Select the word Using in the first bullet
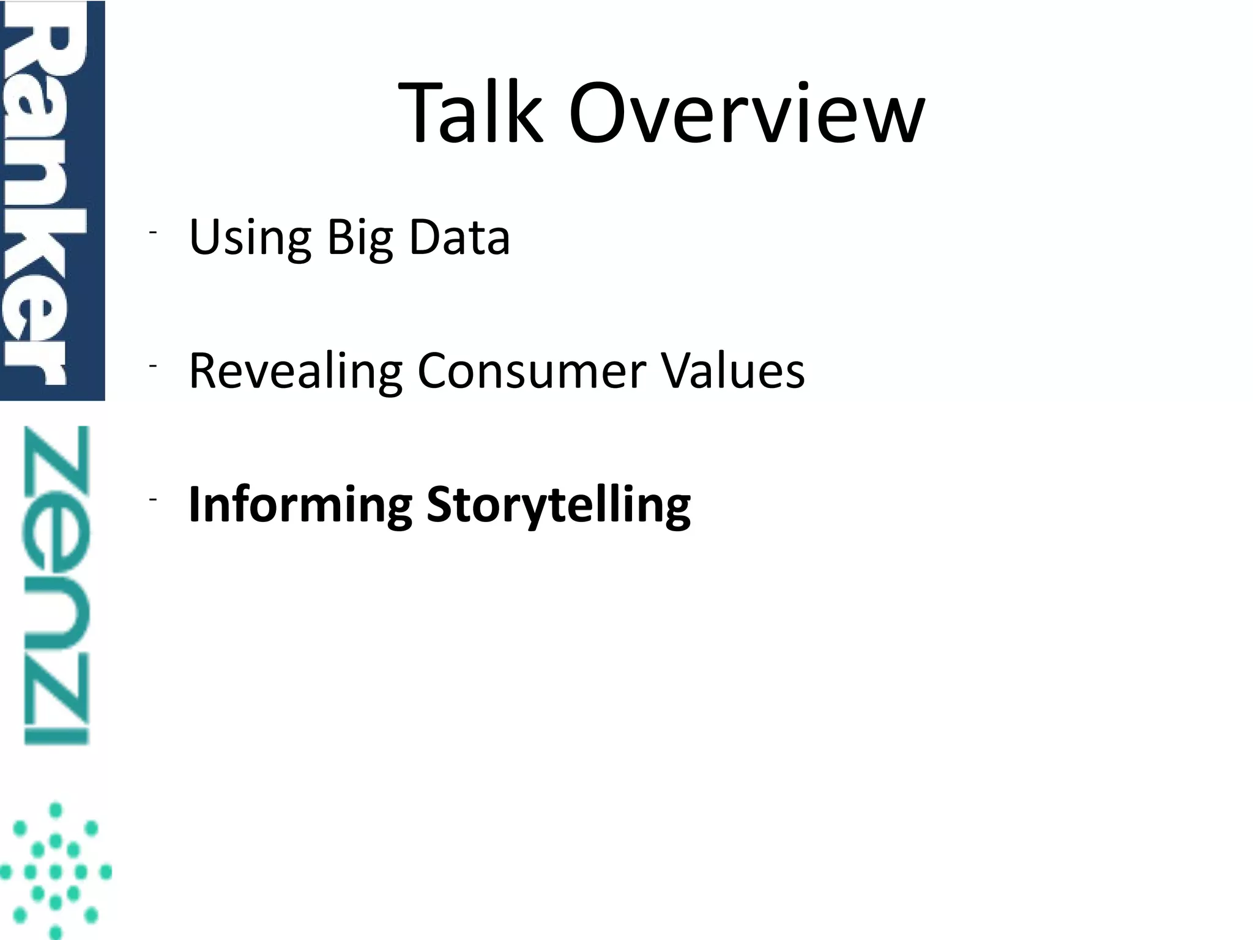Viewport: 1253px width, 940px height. [250, 237]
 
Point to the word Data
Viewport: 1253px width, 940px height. [459, 237]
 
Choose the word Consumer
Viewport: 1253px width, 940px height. [532, 371]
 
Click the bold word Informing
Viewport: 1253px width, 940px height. [300, 505]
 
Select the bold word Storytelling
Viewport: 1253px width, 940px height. [559, 505]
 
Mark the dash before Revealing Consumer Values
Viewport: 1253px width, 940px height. [152, 366]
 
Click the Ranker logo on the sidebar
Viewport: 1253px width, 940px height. [51, 200]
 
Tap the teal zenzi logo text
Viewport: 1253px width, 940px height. [56, 585]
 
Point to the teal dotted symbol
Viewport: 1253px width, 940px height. [56, 871]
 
